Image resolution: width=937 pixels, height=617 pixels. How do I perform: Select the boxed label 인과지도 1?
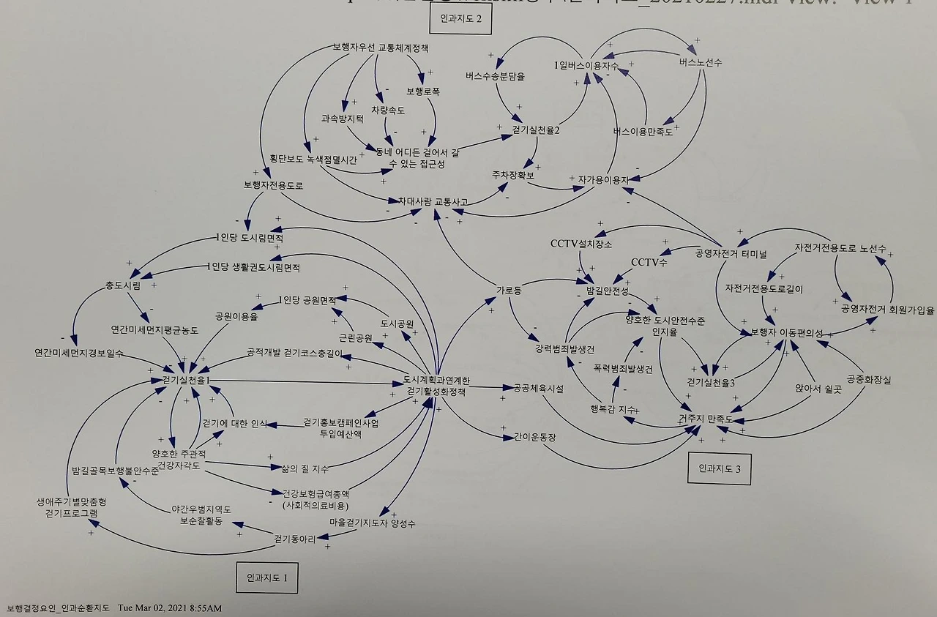(266, 576)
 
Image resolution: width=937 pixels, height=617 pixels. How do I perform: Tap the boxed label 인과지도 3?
(720, 468)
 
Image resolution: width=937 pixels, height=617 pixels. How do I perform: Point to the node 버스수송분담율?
(495, 75)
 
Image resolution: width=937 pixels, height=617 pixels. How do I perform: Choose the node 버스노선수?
(701, 63)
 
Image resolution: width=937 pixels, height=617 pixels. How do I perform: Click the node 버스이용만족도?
(643, 132)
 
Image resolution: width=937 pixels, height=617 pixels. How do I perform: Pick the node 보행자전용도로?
(273, 185)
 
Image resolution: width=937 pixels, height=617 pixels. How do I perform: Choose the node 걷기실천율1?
(187, 380)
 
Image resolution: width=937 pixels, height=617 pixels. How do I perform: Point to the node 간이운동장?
(534, 438)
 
